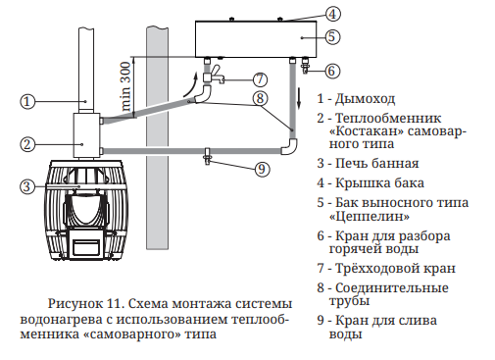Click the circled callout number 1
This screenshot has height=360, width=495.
point(27,101)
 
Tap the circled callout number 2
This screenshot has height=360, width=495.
point(27,144)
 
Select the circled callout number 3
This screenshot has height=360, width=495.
point(27,186)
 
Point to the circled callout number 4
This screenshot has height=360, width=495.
point(332,14)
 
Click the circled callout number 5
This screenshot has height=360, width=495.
point(332,36)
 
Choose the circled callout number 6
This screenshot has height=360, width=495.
point(331,71)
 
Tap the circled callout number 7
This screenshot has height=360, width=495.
point(260,79)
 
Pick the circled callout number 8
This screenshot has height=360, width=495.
point(260,98)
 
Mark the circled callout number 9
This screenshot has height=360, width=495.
point(262,169)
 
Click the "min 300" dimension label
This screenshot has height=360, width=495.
point(125,86)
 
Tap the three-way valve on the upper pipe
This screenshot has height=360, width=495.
point(213,75)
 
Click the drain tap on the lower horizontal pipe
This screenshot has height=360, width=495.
point(208,156)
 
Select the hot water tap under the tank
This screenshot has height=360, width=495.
point(306,66)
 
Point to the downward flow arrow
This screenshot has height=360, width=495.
point(299,98)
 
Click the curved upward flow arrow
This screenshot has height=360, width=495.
point(191,84)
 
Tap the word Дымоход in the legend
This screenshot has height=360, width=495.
point(366,99)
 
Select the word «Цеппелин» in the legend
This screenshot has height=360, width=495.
point(370,216)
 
